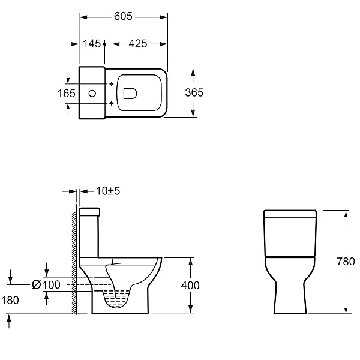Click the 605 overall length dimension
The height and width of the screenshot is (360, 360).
tap(123, 16)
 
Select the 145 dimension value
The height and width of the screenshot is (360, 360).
tap(92, 44)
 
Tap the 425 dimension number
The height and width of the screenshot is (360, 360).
tap(138, 44)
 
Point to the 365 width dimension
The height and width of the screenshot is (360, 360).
tap(194, 92)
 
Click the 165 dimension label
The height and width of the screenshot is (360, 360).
tap(67, 94)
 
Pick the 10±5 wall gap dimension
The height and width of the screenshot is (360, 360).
tap(108, 191)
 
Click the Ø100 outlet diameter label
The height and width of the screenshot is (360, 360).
tap(46, 284)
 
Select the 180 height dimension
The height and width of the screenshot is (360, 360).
tap(10, 301)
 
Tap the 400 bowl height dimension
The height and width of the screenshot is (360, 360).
tap(190, 286)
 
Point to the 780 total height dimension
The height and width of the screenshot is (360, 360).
tap(346, 262)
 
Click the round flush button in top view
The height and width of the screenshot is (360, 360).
tap(92, 94)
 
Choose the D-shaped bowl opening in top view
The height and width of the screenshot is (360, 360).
tap(130, 94)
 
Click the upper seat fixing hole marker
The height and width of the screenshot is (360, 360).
tap(112, 84)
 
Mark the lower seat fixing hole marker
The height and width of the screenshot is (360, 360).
tap(112, 103)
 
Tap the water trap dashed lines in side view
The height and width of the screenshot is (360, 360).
tap(116, 298)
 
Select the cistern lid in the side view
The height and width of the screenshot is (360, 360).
tap(89, 212)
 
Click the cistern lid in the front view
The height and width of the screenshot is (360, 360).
tap(290, 214)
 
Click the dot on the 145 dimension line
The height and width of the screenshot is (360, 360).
tap(104, 44)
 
